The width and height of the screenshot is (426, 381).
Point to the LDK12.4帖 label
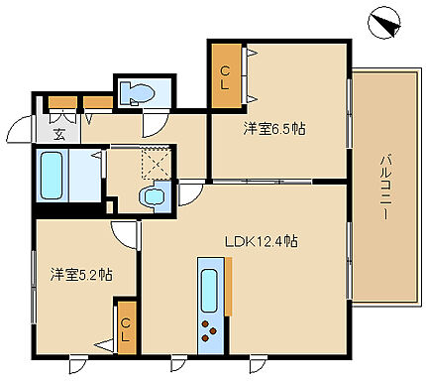[x=262, y=241]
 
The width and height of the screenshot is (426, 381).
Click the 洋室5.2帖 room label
[x=79, y=275]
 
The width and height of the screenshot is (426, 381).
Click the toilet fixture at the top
[x=138, y=94]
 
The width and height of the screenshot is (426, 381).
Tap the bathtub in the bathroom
[x=53, y=175]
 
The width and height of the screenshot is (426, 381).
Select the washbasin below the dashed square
[x=154, y=197]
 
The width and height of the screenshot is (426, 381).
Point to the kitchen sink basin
[x=210, y=289]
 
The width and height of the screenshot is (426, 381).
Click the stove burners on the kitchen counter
[x=210, y=332]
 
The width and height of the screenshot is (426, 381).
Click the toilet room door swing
[x=154, y=124]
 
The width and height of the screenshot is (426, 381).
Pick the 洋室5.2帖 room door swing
[x=123, y=234]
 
